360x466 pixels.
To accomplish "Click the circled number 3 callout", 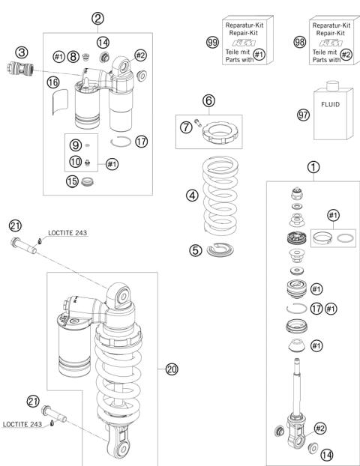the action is [x=22, y=52].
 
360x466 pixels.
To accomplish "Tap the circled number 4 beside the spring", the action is [x=192, y=196].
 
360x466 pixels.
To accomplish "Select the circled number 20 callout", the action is [x=172, y=369].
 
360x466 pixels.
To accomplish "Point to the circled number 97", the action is [x=304, y=115].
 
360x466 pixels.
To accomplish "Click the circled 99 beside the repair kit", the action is [x=212, y=42].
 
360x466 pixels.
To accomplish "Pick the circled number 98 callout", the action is [x=299, y=42].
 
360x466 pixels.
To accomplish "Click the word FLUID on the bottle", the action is [x=330, y=104].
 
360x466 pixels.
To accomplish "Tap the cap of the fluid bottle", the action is [x=333, y=86].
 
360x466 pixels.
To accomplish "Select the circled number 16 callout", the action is [x=53, y=82].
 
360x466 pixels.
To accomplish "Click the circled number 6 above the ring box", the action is [x=208, y=100].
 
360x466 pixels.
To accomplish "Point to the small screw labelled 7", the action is [x=198, y=122].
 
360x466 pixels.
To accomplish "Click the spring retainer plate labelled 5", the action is [x=220, y=249].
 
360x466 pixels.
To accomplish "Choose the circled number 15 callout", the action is [x=72, y=181].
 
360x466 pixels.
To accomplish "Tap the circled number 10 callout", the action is [x=76, y=162].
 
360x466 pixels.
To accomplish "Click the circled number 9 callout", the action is [x=76, y=145].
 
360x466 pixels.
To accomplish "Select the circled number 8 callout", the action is [x=73, y=56].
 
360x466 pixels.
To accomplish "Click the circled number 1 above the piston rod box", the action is [x=313, y=167].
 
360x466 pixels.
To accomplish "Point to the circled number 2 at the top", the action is [x=97, y=19].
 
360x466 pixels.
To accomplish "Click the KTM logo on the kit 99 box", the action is [x=244, y=43].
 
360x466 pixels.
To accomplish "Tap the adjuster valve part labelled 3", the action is [x=20, y=68].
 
